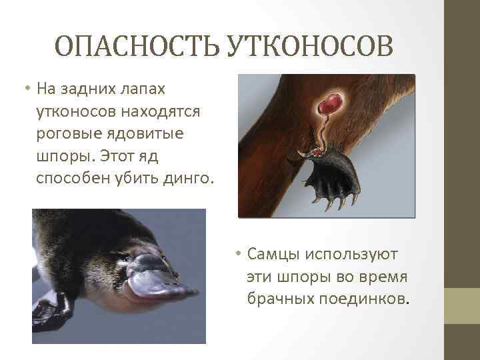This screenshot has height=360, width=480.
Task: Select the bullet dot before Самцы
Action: pyautogui.click(x=237, y=255)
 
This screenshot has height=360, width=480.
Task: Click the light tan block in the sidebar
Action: pyautogui.click(x=462, y=306)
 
